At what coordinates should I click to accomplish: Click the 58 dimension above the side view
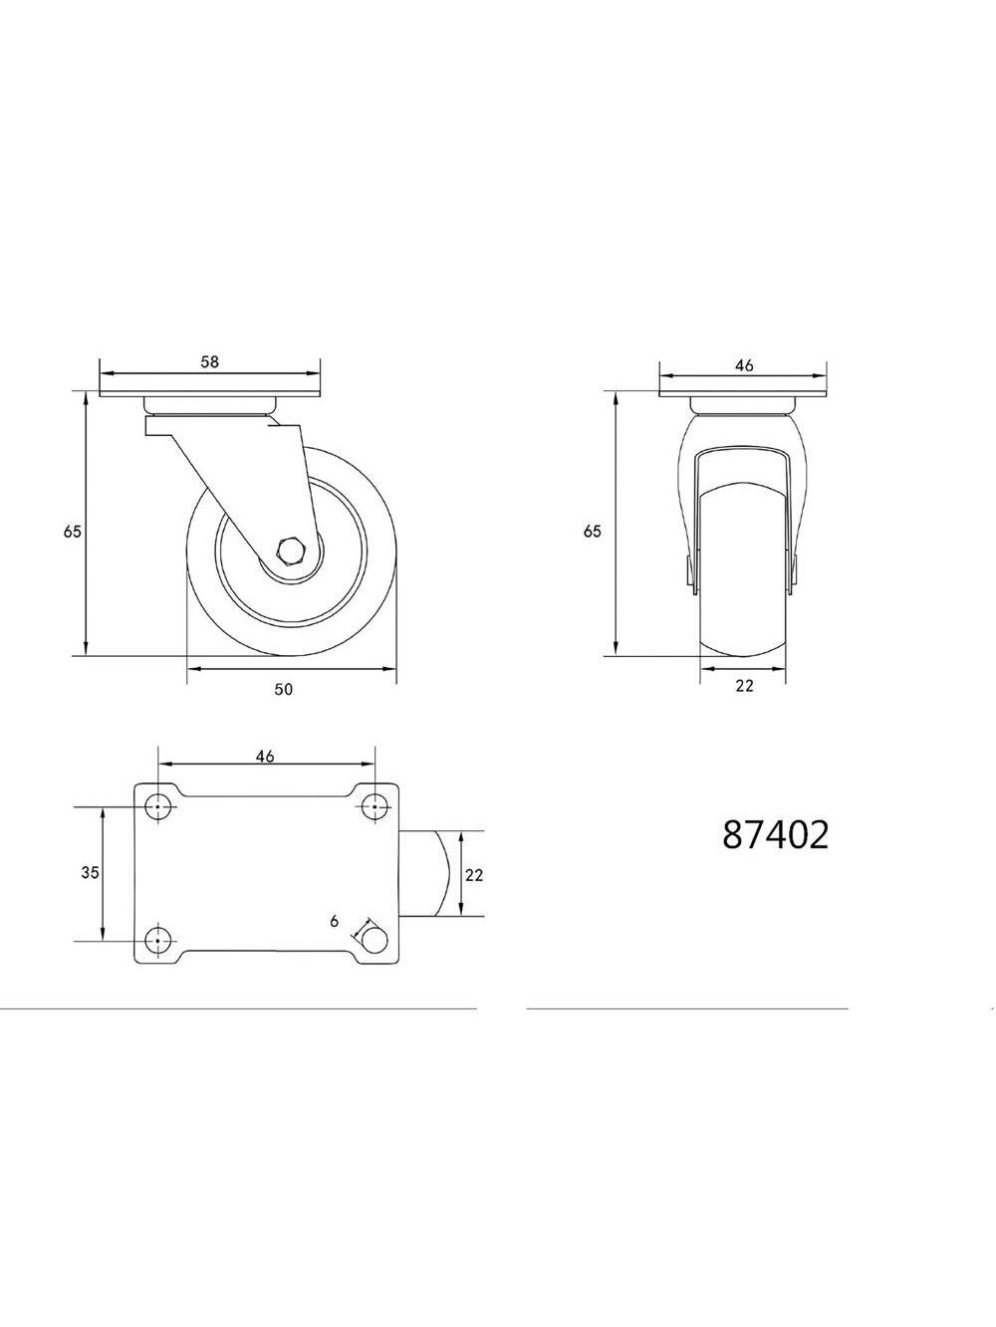point(209,361)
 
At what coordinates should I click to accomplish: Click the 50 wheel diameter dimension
point(283,689)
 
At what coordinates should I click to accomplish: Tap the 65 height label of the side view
point(72,532)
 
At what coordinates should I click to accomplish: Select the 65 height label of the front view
point(592,532)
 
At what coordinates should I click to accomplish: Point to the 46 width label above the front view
point(744,365)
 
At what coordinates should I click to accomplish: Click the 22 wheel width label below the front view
point(744,686)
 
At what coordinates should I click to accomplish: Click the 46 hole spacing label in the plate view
point(265,756)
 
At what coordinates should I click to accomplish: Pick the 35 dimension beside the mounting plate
point(90,872)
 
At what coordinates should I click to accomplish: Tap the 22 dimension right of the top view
point(474,874)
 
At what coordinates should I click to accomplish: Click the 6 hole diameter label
point(335,922)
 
